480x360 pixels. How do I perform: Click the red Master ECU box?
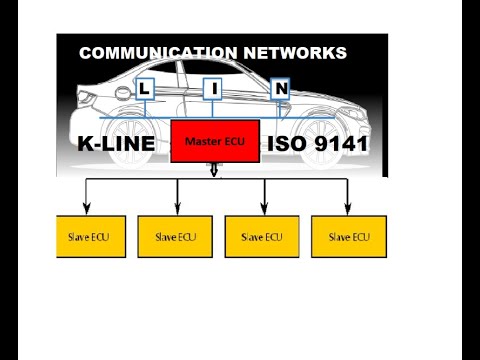215,142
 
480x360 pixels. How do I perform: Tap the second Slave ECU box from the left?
175,236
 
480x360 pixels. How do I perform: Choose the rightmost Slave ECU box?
348,236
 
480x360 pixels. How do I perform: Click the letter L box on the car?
145,89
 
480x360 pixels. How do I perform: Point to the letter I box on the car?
213,89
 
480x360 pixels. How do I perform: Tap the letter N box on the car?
281,89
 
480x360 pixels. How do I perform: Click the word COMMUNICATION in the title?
157,53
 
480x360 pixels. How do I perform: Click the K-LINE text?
116,144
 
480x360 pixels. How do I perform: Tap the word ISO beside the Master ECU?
283,144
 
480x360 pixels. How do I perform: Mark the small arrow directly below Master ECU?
214,171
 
